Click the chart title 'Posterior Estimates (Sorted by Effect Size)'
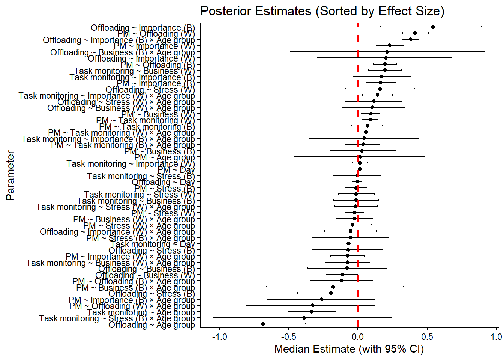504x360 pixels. click(322, 11)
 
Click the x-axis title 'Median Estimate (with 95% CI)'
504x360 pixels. click(349, 349)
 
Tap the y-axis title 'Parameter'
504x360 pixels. click(10, 175)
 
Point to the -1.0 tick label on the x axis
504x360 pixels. click(219, 337)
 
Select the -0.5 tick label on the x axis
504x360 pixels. click(289, 337)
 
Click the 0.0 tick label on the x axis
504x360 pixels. click(358, 337)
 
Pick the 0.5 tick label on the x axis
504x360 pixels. click(427, 337)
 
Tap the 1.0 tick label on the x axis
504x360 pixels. click(496, 337)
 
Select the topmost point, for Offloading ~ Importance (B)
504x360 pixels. click(433, 27)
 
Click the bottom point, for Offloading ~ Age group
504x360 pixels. click(263, 324)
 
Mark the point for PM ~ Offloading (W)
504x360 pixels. click(415, 33)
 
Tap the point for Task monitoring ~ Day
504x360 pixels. click(349, 243)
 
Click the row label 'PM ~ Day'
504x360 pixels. click(176, 170)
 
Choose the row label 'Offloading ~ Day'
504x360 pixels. click(163, 182)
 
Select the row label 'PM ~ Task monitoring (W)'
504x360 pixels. click(145, 120)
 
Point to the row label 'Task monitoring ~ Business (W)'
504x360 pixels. click(134, 71)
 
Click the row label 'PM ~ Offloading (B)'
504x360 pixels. click(157, 65)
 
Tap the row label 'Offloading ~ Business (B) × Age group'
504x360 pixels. click(123, 52)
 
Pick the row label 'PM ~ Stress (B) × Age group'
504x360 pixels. click(141, 238)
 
